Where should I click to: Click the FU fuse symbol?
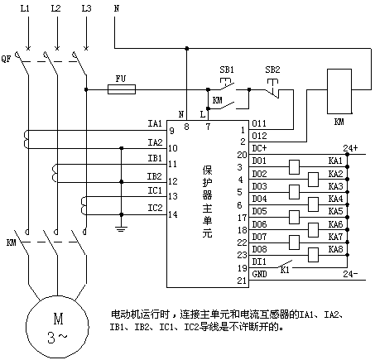pyautogui.click(x=122, y=89)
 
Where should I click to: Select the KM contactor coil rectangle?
pyautogui.click(x=339, y=91)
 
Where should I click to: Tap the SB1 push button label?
pyautogui.click(x=227, y=70)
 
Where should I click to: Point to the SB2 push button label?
pyautogui.click(x=272, y=70)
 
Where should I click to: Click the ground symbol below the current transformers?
pyautogui.click(x=121, y=228)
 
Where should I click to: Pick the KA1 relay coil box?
pyautogui.click(x=294, y=167)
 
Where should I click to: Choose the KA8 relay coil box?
pyautogui.click(x=313, y=255)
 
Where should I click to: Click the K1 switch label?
pyautogui.click(x=285, y=270)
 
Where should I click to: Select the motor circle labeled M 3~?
pyautogui.click(x=57, y=327)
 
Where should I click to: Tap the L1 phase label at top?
pyautogui.click(x=25, y=8)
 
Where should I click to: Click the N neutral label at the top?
pyautogui.click(x=117, y=8)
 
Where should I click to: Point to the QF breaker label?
pyautogui.click(x=6, y=59)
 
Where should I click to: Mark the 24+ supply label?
pyautogui.click(x=350, y=148)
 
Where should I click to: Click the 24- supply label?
pyautogui.click(x=350, y=274)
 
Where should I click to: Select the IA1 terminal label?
pyautogui.click(x=155, y=123)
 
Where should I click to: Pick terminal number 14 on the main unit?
pyautogui.click(x=173, y=214)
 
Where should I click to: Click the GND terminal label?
pyautogui.click(x=259, y=274)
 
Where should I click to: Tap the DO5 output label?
pyautogui.click(x=259, y=211)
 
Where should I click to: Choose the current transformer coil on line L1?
pyautogui.click(x=26, y=140)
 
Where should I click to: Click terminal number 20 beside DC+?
pyautogui.click(x=242, y=155)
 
